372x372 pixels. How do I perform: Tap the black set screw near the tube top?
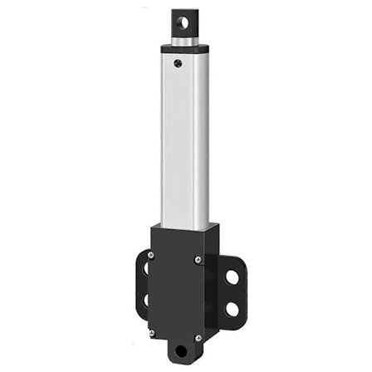point(177,60)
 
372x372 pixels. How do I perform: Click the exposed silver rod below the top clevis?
point(185,39)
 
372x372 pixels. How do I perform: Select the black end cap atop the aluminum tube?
point(184,52)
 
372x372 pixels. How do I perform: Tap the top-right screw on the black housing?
point(198,260)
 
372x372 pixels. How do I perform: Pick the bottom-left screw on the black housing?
point(150,332)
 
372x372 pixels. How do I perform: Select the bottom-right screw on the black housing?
point(198,338)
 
